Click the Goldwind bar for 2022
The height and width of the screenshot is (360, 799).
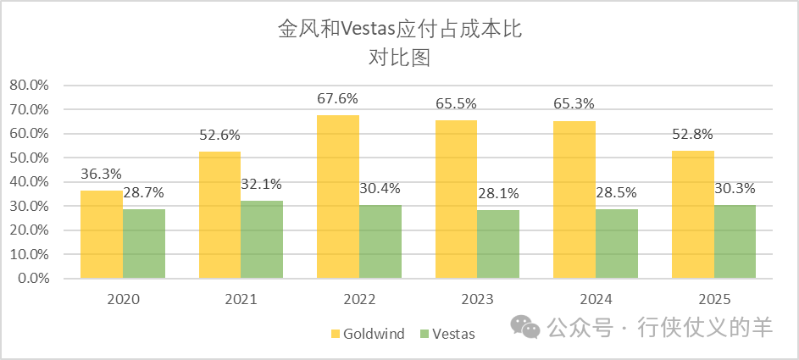pyautogui.click(x=338, y=197)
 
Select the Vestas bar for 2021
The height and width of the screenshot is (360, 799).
pyautogui.click(x=262, y=240)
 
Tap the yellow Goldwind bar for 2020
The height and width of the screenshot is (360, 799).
pyautogui.click(x=102, y=235)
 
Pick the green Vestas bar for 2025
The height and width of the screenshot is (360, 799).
pyautogui.click(x=735, y=241)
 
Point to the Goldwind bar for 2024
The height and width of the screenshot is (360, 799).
pyautogui.click(x=574, y=200)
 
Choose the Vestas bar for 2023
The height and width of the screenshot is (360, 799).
pyautogui.click(x=498, y=244)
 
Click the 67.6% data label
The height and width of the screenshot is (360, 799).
pyautogui.click(x=338, y=98)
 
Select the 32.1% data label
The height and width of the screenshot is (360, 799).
pyautogui.click(x=262, y=184)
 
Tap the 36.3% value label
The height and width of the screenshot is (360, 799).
pyautogui.click(x=102, y=174)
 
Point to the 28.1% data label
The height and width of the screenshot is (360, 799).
pyautogui.click(x=498, y=194)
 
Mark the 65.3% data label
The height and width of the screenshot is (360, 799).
pyautogui.click(x=574, y=103)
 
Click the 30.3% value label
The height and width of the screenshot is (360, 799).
pyautogui.click(x=735, y=188)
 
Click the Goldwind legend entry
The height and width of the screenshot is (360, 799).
pyautogui.click(x=367, y=333)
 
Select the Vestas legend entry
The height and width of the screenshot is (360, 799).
pyautogui.click(x=447, y=333)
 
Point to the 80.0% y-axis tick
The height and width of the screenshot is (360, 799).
pyautogui.click(x=31, y=86)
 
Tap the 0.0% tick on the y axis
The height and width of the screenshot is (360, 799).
pyautogui.click(x=34, y=279)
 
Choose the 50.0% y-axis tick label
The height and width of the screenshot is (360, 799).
pyautogui.click(x=31, y=158)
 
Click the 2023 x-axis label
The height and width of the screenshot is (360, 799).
pyautogui.click(x=478, y=299)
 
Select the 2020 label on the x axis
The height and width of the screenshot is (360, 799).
pyautogui.click(x=123, y=299)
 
